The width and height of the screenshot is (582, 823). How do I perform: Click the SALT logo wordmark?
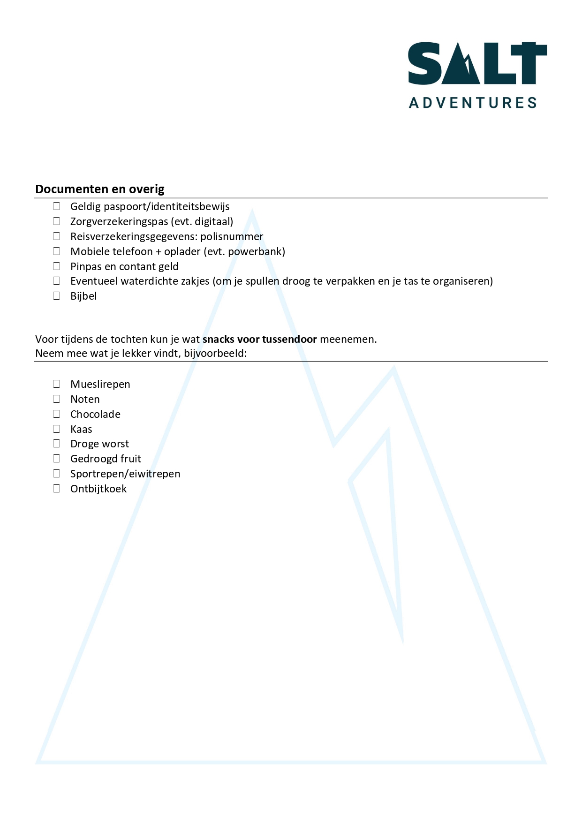[x=477, y=63]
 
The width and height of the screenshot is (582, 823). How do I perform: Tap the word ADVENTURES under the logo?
[x=473, y=103]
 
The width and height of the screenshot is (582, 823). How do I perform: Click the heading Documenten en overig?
[x=100, y=189]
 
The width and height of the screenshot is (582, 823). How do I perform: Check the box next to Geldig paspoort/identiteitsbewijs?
[x=57, y=206]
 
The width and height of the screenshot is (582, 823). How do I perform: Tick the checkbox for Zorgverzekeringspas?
[x=57, y=221]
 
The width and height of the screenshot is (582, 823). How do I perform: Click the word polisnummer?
[x=232, y=236]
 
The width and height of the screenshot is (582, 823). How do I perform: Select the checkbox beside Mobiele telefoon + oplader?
[x=57, y=251]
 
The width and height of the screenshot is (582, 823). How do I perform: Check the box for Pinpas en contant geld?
[x=57, y=266]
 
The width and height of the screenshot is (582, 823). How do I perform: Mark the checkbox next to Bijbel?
[x=57, y=295]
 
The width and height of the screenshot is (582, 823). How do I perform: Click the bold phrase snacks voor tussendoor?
[x=259, y=339]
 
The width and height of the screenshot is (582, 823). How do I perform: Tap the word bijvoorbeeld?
[x=215, y=353]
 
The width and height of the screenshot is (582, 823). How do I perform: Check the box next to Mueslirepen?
[x=57, y=384]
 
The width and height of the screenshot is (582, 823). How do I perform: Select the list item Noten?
[x=85, y=399]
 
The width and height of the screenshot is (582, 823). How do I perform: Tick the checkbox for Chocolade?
[x=57, y=414]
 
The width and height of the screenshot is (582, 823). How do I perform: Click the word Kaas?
[x=81, y=429]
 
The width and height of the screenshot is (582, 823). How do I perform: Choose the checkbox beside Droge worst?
[x=57, y=443]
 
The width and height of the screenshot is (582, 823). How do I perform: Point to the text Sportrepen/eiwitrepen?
[x=125, y=474]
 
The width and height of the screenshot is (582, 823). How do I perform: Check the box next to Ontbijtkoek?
[x=57, y=488]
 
